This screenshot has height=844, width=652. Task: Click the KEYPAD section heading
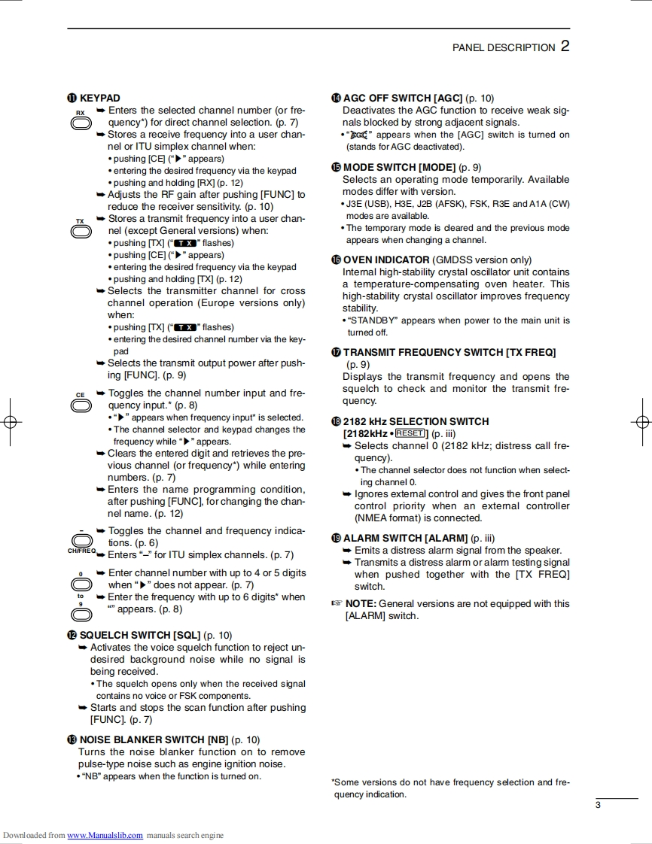[x=99, y=98]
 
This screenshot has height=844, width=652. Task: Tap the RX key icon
[x=81, y=123]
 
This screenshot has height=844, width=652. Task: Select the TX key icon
[x=81, y=231]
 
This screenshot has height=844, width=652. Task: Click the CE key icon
[x=81, y=405]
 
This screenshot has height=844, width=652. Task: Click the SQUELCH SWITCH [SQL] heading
[x=140, y=635]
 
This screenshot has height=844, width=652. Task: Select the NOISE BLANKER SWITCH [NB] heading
[x=154, y=739]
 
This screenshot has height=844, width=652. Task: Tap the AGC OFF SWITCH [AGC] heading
[x=402, y=98]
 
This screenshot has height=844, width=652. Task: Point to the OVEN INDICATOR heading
[x=385, y=260]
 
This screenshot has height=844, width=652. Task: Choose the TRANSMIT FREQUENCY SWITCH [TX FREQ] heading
[x=449, y=352]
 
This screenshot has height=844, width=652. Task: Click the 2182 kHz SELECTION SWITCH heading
[x=416, y=421]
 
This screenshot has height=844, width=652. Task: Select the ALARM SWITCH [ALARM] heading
[x=405, y=538]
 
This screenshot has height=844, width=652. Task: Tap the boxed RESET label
[x=410, y=433]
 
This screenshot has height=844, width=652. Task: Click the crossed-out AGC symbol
[x=359, y=135]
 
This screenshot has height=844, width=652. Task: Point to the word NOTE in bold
[x=360, y=603]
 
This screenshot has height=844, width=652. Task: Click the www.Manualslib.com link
[x=105, y=835]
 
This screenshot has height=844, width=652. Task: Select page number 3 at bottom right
[x=598, y=806]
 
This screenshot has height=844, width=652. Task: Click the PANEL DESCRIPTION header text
[x=504, y=47]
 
